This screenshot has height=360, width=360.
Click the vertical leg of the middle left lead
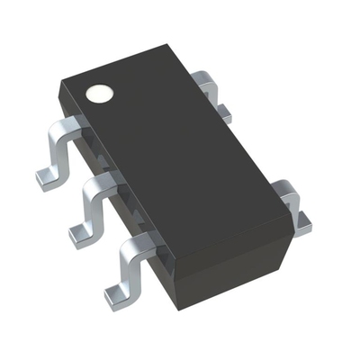(x=87, y=209)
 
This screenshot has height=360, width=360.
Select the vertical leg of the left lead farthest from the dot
(x=127, y=267)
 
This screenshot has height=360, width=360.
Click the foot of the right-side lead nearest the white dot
(x=222, y=115)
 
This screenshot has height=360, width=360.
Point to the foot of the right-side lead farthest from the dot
(x=301, y=221)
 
